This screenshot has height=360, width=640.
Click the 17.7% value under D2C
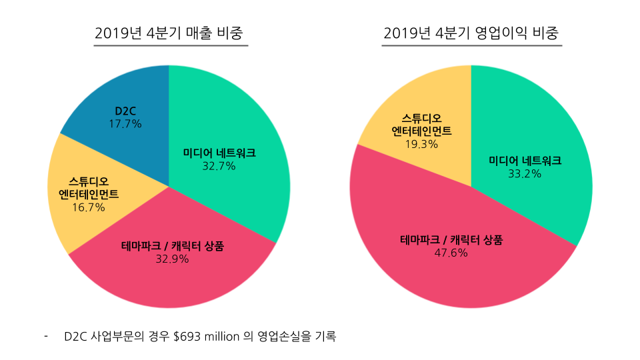click(x=125, y=123)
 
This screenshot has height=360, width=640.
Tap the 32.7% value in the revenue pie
click(x=219, y=166)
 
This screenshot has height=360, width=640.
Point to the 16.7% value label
click(x=89, y=207)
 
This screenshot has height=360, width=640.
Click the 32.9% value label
click(x=172, y=259)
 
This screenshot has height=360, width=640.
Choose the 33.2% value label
click(x=524, y=173)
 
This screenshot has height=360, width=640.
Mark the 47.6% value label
click(x=451, y=253)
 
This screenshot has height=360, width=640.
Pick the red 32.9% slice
click(x=173, y=280)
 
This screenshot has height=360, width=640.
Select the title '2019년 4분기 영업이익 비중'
click(x=471, y=33)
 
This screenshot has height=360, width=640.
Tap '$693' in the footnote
click(x=188, y=337)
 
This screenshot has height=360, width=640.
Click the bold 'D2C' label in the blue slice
click(x=125, y=111)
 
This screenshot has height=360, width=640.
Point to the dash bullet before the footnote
click(x=46, y=335)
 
